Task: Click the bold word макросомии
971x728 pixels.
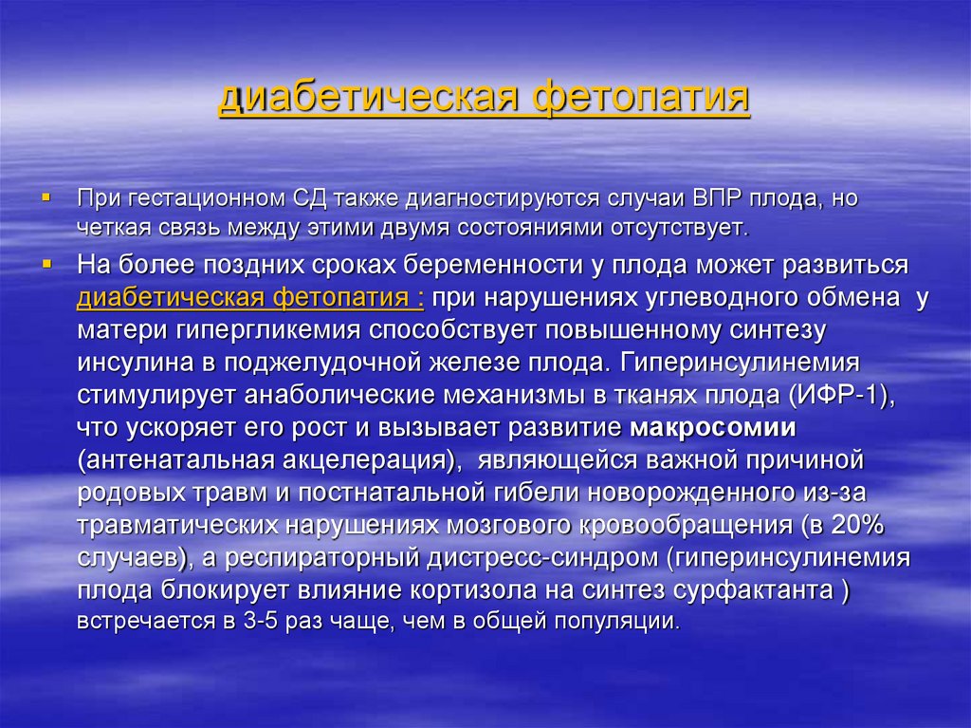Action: (713, 427)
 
